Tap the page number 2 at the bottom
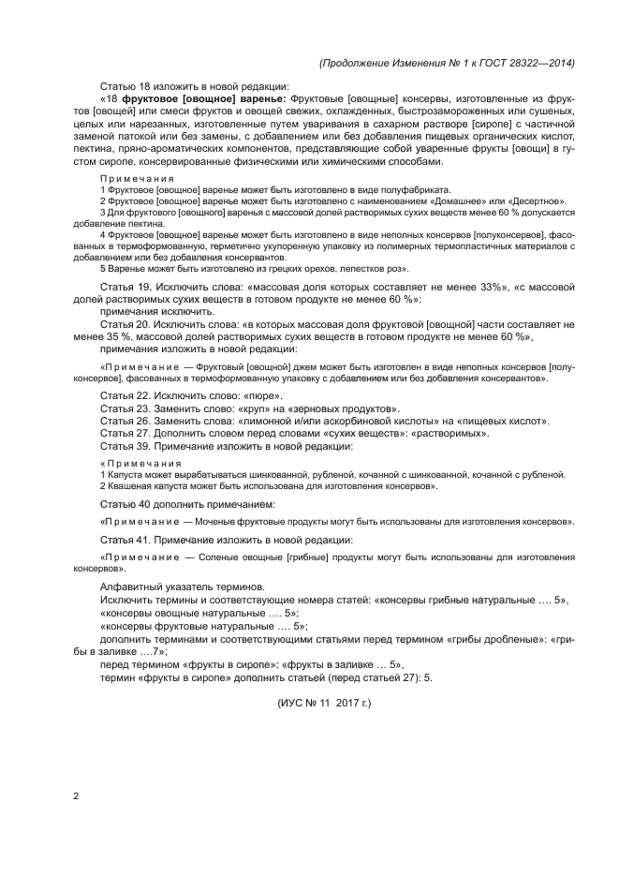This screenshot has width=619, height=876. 75,796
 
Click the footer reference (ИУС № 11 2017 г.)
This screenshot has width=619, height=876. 324,701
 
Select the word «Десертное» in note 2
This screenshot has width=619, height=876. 536,200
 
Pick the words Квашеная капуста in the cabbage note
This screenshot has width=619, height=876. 141,487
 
